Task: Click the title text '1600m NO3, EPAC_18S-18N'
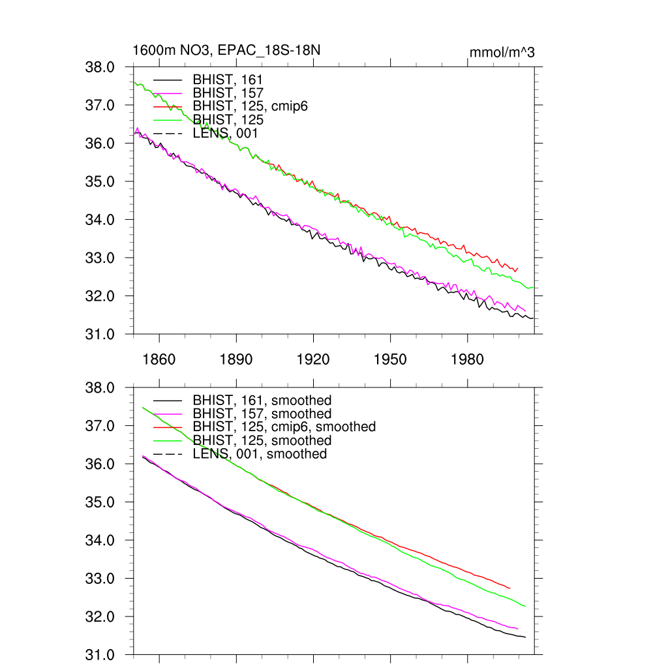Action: pyautogui.click(x=226, y=51)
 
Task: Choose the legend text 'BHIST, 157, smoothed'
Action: pyautogui.click(x=262, y=414)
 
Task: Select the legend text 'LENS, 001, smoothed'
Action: pyautogui.click(x=260, y=454)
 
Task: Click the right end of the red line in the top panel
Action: pyautogui.click(x=517, y=267)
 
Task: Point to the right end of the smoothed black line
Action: pyautogui.click(x=525, y=637)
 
